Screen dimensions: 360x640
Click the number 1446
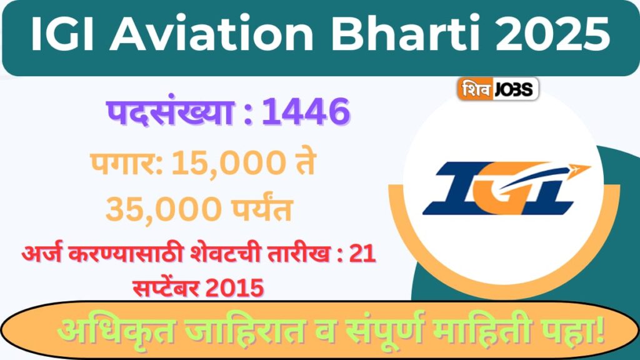[305, 113]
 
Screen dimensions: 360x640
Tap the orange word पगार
[126, 164]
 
